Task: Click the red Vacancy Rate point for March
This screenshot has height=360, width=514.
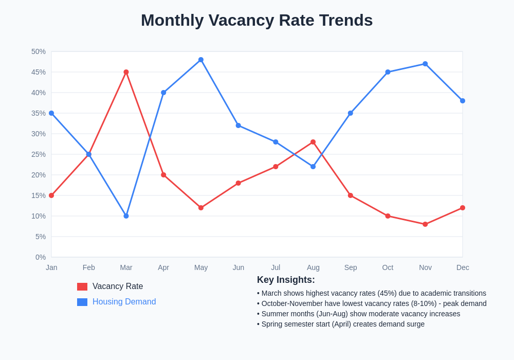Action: coord(126,72)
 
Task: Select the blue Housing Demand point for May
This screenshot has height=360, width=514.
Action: coord(201,60)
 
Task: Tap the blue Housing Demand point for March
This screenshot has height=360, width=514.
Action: coord(126,216)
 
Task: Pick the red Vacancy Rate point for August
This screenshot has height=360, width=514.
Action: coord(313,142)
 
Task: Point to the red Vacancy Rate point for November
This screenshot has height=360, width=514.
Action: coord(425,224)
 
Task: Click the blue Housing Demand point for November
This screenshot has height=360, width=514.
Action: coord(425,64)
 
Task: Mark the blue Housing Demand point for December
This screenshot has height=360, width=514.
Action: coord(463,101)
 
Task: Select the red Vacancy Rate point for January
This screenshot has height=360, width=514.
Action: coord(51,195)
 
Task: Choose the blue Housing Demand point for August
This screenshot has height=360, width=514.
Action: coord(313,167)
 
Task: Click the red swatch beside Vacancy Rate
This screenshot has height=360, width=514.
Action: coord(82,286)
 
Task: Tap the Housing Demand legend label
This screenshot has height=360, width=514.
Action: coord(124,302)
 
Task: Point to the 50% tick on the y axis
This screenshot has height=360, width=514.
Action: coord(39,51)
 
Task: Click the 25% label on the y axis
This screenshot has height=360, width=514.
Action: coord(39,154)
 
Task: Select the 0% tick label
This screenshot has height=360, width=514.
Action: coord(41,257)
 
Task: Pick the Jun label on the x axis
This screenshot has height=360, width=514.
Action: coord(238,267)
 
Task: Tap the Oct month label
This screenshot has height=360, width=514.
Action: coord(388,267)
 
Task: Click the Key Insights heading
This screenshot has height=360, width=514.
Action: coord(286,280)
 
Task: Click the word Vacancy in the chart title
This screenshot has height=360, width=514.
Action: coord(241,20)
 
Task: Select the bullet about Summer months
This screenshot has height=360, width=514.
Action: coord(359,314)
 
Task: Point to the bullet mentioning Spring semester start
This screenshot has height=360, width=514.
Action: coord(341,324)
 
